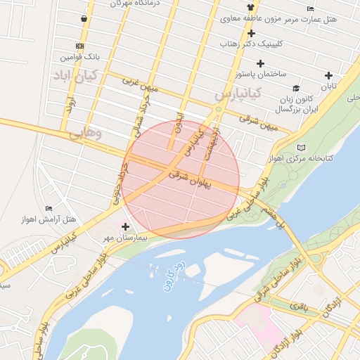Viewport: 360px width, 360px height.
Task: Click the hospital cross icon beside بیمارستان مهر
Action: click(126, 226)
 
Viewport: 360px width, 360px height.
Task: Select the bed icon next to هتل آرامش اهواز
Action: click(48, 208)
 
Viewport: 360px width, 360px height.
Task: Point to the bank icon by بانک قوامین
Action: click(79, 46)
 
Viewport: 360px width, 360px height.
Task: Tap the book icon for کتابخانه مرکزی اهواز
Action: click(302, 148)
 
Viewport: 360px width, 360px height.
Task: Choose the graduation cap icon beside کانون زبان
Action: click(297, 89)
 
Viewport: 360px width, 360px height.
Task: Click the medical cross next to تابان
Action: click(328, 75)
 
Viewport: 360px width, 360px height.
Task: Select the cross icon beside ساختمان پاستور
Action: click(260, 63)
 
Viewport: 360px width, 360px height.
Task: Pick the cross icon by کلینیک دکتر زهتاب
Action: click(251, 33)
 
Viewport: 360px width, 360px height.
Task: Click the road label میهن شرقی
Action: click(259, 120)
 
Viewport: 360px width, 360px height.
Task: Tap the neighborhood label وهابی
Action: click(86, 131)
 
